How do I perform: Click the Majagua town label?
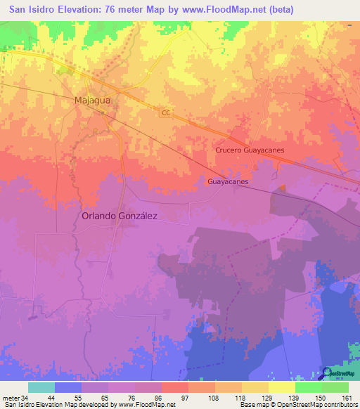pos(93,100)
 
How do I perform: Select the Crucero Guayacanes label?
pos(248,150)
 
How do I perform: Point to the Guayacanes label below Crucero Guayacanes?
pos(229,181)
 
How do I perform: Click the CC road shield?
pos(165,112)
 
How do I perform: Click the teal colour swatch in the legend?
pos(41,387)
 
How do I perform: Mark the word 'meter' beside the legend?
pos(11,398)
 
